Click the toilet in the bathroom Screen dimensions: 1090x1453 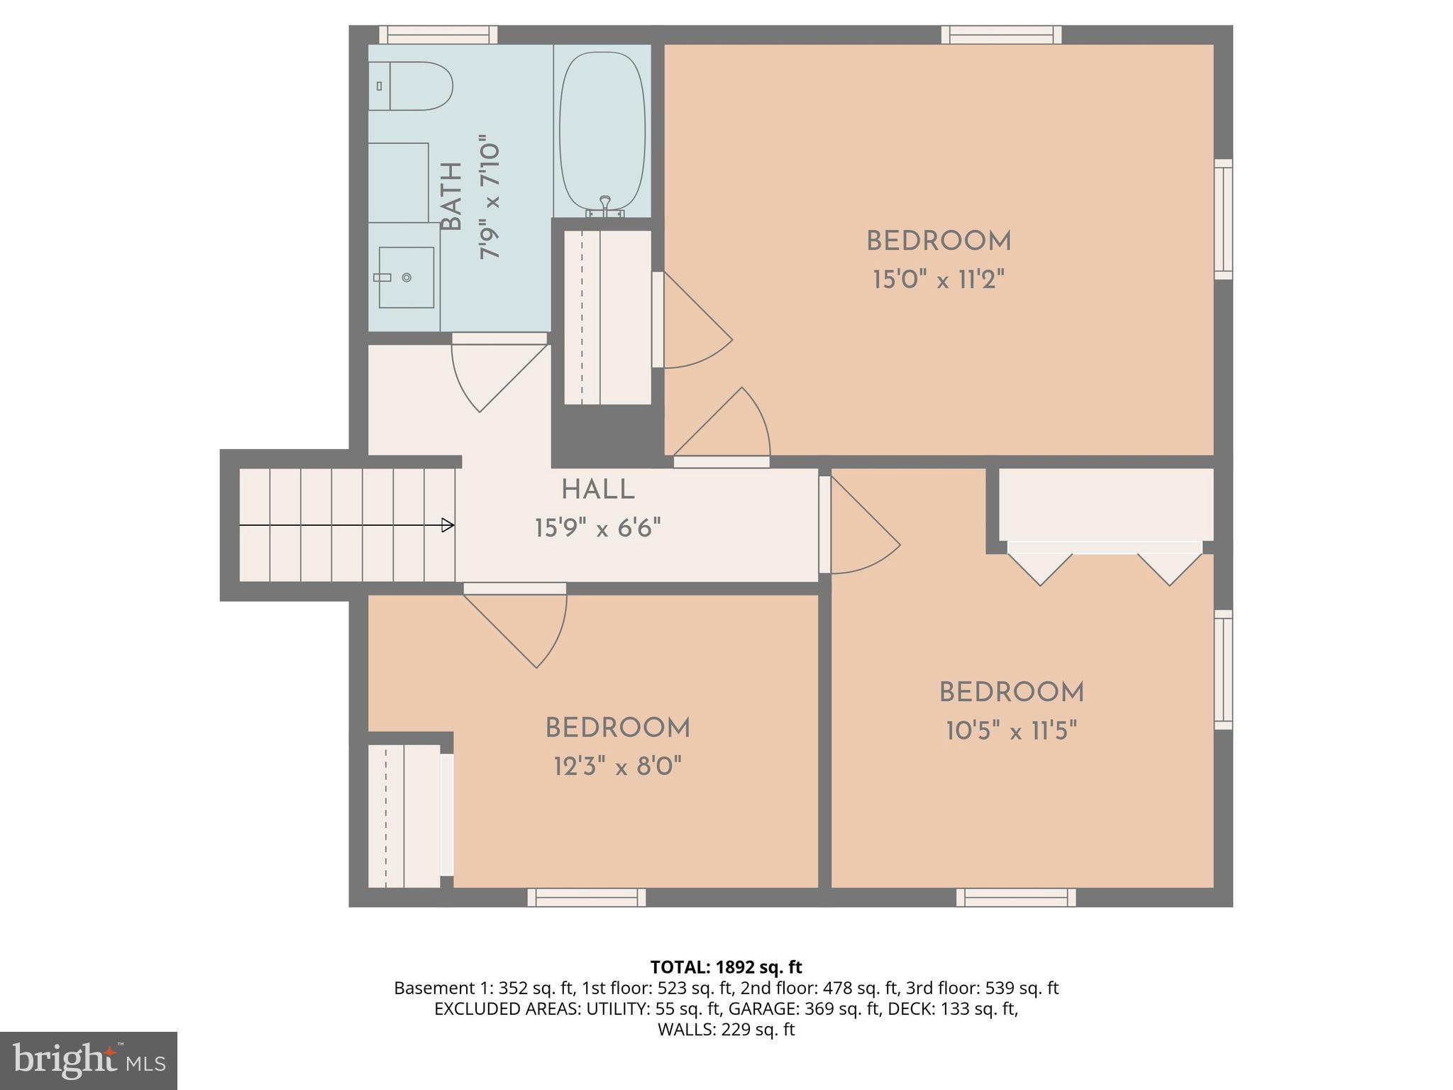point(411,86)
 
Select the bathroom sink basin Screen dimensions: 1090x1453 point(406,277)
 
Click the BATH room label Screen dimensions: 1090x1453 point(452,197)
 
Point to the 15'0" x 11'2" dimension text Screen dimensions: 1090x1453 point(938,280)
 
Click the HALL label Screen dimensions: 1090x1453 point(597,490)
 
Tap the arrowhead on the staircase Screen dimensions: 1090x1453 point(448,525)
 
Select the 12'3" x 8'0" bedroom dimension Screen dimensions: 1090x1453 point(617,766)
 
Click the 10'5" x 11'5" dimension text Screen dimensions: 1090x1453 point(1011,730)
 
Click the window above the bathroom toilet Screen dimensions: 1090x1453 point(438,34)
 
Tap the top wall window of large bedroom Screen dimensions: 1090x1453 point(1001,34)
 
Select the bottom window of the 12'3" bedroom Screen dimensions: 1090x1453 point(586,898)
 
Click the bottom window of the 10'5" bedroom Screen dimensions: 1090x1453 point(1015,898)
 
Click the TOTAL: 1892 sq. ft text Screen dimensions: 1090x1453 point(726,967)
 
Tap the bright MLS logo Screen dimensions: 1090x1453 point(88,1060)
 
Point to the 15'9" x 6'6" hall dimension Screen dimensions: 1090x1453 point(597,528)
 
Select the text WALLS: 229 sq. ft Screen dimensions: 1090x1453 point(726,1030)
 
